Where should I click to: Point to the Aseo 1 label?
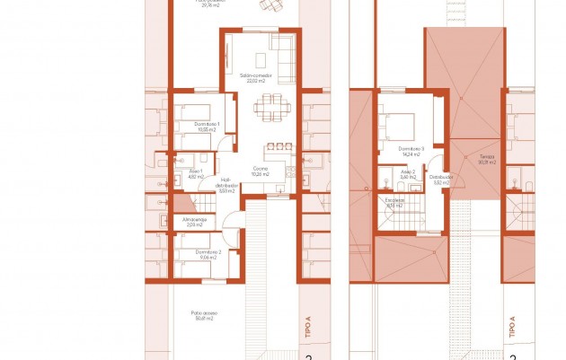click(x=195, y=171)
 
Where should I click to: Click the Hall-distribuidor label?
click(x=226, y=182)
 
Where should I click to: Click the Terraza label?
click(x=487, y=157)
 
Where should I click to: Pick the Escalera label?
click(x=394, y=200)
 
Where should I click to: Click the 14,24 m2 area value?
click(x=411, y=154)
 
